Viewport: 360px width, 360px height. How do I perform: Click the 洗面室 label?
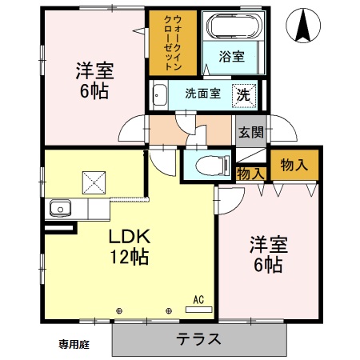point(201,93)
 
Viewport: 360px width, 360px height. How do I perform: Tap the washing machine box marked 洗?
point(243,93)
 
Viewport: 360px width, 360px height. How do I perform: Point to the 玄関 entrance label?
point(250,132)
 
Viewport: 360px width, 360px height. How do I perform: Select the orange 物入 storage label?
point(294,166)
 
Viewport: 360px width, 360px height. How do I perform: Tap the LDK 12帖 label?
point(126,246)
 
